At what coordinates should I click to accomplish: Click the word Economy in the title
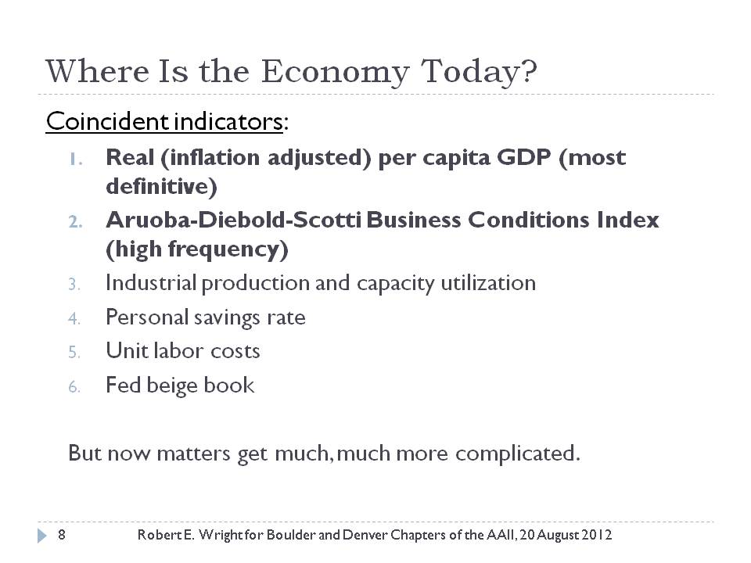[x=335, y=73]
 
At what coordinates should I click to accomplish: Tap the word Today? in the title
[x=479, y=73]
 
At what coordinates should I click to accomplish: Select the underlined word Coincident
[x=107, y=121]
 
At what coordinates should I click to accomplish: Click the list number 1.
[x=75, y=159]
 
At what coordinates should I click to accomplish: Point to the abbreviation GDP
[x=524, y=157]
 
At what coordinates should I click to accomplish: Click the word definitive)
[x=161, y=186]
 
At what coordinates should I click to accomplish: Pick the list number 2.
[x=75, y=221]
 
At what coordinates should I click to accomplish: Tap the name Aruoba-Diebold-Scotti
[x=234, y=220]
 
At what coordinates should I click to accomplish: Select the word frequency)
[x=228, y=249]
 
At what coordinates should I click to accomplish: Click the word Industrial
[x=151, y=282]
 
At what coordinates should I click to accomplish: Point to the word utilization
[x=488, y=282]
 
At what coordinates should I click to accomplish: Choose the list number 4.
[x=74, y=318]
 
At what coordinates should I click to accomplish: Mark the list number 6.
[x=74, y=386]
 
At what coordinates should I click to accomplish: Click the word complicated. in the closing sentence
[x=518, y=454]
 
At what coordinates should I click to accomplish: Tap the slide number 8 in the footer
[x=62, y=534]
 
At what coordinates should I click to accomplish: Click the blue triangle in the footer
[x=42, y=535]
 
